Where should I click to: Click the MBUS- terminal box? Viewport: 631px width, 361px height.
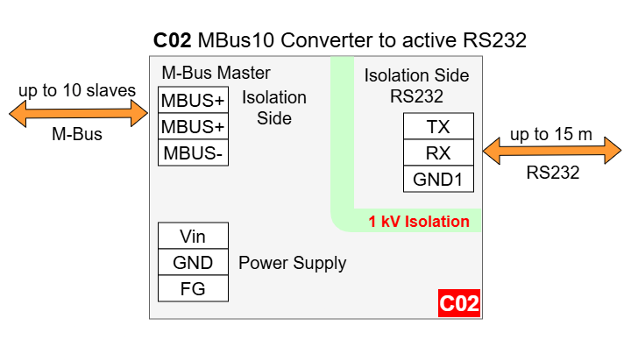[x=193, y=153]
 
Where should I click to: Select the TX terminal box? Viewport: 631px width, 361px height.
[x=438, y=127]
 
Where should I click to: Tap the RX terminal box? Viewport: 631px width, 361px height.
[x=438, y=153]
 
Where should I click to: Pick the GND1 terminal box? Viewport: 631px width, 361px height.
[x=438, y=180]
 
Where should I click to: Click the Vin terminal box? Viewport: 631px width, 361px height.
[x=193, y=236]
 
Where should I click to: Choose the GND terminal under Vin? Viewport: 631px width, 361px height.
[x=193, y=262]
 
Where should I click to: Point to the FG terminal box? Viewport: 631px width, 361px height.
[x=193, y=288]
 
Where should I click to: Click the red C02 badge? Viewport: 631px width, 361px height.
[x=459, y=304]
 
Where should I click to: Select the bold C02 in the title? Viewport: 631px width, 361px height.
[x=172, y=40]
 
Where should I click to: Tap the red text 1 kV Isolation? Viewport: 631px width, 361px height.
[x=419, y=222]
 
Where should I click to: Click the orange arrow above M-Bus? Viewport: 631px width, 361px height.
[x=77, y=112]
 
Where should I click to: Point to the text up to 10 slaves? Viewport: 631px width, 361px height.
[x=77, y=90]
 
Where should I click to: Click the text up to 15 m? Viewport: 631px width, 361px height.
[x=551, y=134]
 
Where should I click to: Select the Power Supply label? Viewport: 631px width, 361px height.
[x=293, y=263]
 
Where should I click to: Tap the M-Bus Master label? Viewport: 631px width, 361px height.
[x=216, y=73]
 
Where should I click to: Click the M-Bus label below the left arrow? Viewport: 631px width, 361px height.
[x=77, y=134]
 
